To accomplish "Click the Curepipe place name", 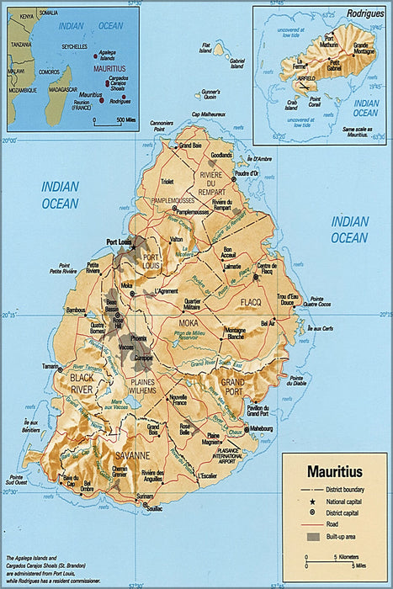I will coord(144,357).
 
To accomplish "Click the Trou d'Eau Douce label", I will coord(289,299).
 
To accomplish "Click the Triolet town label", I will coord(167,181).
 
